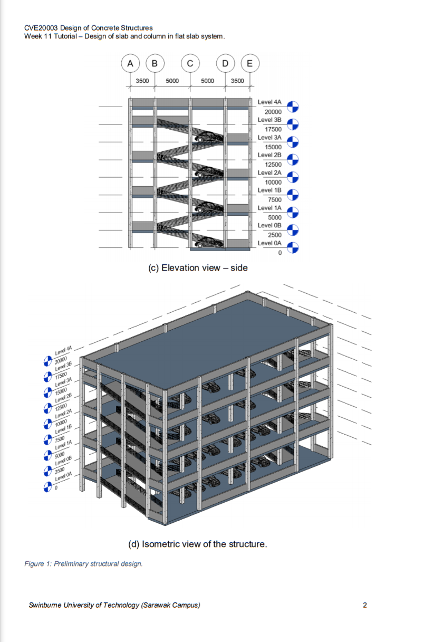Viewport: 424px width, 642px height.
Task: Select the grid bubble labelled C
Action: (x=190, y=63)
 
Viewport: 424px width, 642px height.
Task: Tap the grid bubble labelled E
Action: (x=250, y=63)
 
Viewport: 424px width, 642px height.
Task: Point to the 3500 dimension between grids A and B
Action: (x=142, y=81)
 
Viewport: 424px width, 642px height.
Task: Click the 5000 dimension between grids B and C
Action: (x=172, y=81)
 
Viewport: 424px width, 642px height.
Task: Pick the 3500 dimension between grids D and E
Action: (x=237, y=81)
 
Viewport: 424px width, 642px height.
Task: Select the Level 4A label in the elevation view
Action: (x=269, y=102)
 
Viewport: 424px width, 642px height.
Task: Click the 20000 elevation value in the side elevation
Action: (x=273, y=112)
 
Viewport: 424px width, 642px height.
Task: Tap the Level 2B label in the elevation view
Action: (x=269, y=155)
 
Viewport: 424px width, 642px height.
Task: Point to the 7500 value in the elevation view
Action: (x=275, y=199)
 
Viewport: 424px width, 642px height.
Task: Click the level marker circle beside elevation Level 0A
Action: (x=293, y=247)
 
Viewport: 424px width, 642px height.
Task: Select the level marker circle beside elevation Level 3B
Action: (x=293, y=124)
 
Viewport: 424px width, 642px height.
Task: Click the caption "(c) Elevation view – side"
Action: (x=198, y=268)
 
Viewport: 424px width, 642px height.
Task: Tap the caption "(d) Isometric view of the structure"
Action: (x=198, y=544)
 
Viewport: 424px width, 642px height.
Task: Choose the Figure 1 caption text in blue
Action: (x=83, y=564)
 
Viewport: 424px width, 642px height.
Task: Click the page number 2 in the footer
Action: (x=364, y=605)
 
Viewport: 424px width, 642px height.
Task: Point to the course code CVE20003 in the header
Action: (x=42, y=28)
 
